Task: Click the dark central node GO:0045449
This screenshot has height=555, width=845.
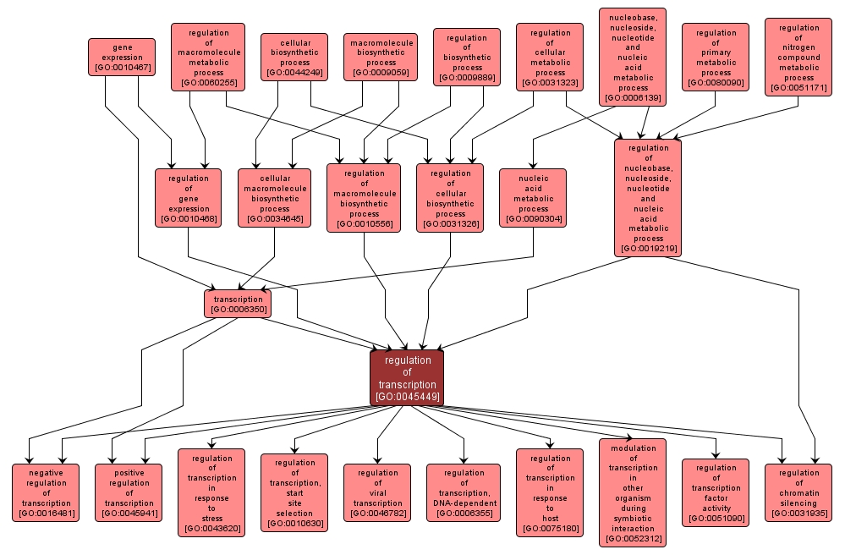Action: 407,378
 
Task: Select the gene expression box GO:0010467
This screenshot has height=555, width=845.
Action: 122,57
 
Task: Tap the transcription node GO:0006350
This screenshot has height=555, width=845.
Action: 238,305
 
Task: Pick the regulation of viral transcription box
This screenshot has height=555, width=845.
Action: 378,492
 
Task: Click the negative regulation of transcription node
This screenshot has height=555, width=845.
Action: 46,492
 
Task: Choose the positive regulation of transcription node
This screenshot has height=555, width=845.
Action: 128,492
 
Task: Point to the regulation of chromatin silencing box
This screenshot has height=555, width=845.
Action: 798,492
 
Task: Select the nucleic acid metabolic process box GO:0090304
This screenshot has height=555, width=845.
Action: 533,199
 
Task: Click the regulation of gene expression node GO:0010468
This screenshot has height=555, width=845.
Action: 188,199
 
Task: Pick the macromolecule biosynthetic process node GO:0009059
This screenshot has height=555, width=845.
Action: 381,57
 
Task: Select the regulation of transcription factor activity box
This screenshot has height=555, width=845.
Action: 716,492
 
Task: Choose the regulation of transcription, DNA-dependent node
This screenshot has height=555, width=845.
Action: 464,492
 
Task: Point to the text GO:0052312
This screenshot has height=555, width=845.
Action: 633,538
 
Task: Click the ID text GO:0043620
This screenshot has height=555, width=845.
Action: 211,528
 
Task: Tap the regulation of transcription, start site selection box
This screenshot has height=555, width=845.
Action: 294,492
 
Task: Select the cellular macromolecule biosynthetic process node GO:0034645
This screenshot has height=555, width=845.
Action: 275,199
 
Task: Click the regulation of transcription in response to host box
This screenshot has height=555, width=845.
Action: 550,492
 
